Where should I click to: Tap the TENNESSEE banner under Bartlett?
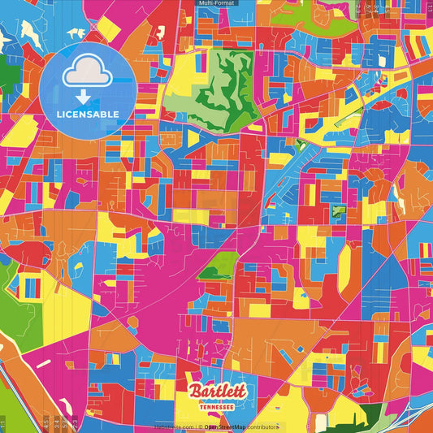click(x=217, y=404)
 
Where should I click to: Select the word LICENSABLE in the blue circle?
click(x=88, y=115)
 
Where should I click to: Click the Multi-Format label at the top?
click(x=217, y=3)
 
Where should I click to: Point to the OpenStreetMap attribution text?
click(x=240, y=427)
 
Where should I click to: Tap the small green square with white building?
click(x=338, y=211)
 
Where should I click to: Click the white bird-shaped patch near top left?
click(x=76, y=33)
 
